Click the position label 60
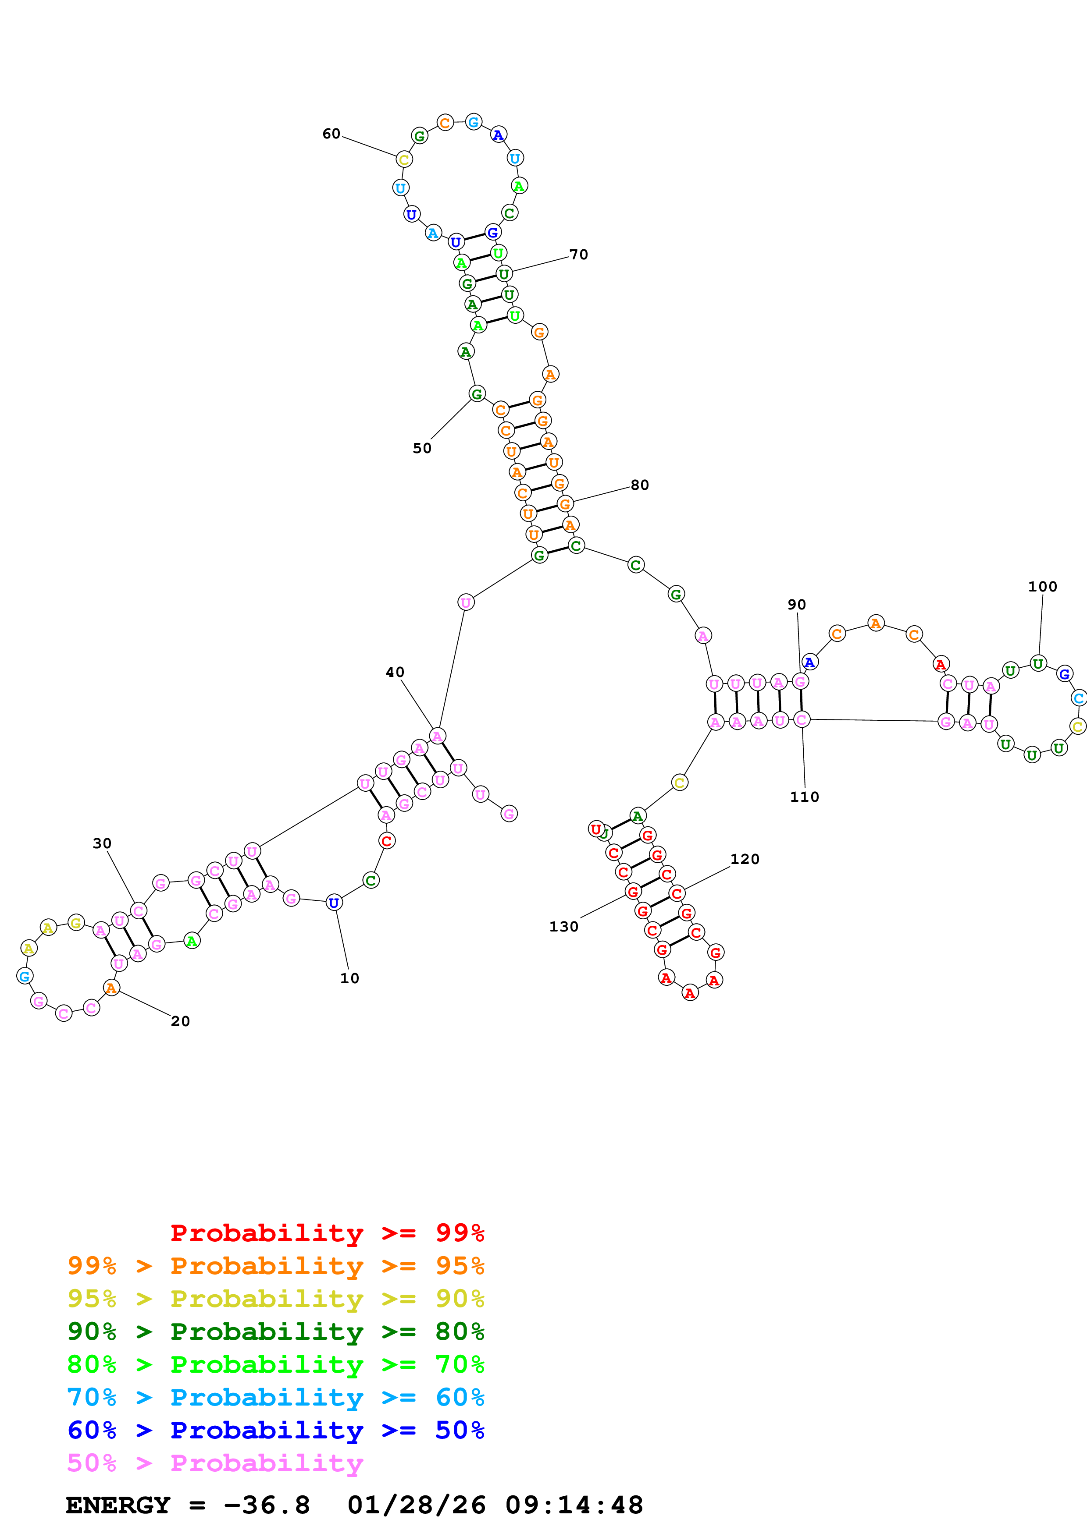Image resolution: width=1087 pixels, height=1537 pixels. pos(331,134)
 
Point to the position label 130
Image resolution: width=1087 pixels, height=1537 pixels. pos(563,927)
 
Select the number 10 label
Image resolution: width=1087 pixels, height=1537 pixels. pos(349,978)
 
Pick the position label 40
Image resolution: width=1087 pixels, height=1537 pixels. pos(395,672)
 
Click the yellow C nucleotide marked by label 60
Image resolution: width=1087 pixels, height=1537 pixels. pos(404,159)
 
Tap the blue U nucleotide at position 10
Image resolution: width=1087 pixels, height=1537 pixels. pos(334,903)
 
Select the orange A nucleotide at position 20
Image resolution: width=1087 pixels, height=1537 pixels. pos(111,988)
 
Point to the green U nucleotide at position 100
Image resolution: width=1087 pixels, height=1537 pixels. pos(1037,663)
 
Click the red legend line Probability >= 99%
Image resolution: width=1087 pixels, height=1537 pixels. pos(327,1233)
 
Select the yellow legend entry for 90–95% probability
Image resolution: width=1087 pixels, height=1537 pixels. pos(275,1299)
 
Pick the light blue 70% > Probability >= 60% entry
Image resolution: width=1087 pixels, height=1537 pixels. pos(275,1397)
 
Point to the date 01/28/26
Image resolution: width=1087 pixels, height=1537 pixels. pos(417,1505)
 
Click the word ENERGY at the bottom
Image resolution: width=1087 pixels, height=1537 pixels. pos(118,1505)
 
